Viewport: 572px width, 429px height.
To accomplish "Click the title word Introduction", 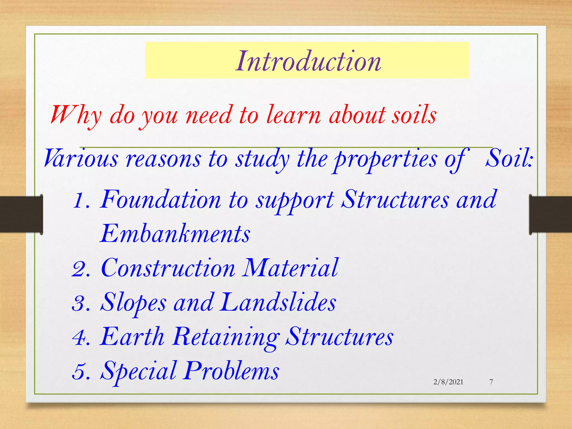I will click(308, 61).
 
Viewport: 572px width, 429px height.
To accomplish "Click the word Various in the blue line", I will click(81, 159).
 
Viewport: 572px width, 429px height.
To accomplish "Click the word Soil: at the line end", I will click(509, 159).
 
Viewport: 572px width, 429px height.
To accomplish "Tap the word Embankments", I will click(175, 234).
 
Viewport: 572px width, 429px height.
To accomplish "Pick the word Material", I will click(290, 268).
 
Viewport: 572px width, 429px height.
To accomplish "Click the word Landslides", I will click(278, 302).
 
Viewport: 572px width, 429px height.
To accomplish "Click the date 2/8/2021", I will click(448, 382).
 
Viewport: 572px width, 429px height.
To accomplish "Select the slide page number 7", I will click(491, 382).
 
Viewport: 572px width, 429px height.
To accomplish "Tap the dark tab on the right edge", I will click(550, 214).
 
